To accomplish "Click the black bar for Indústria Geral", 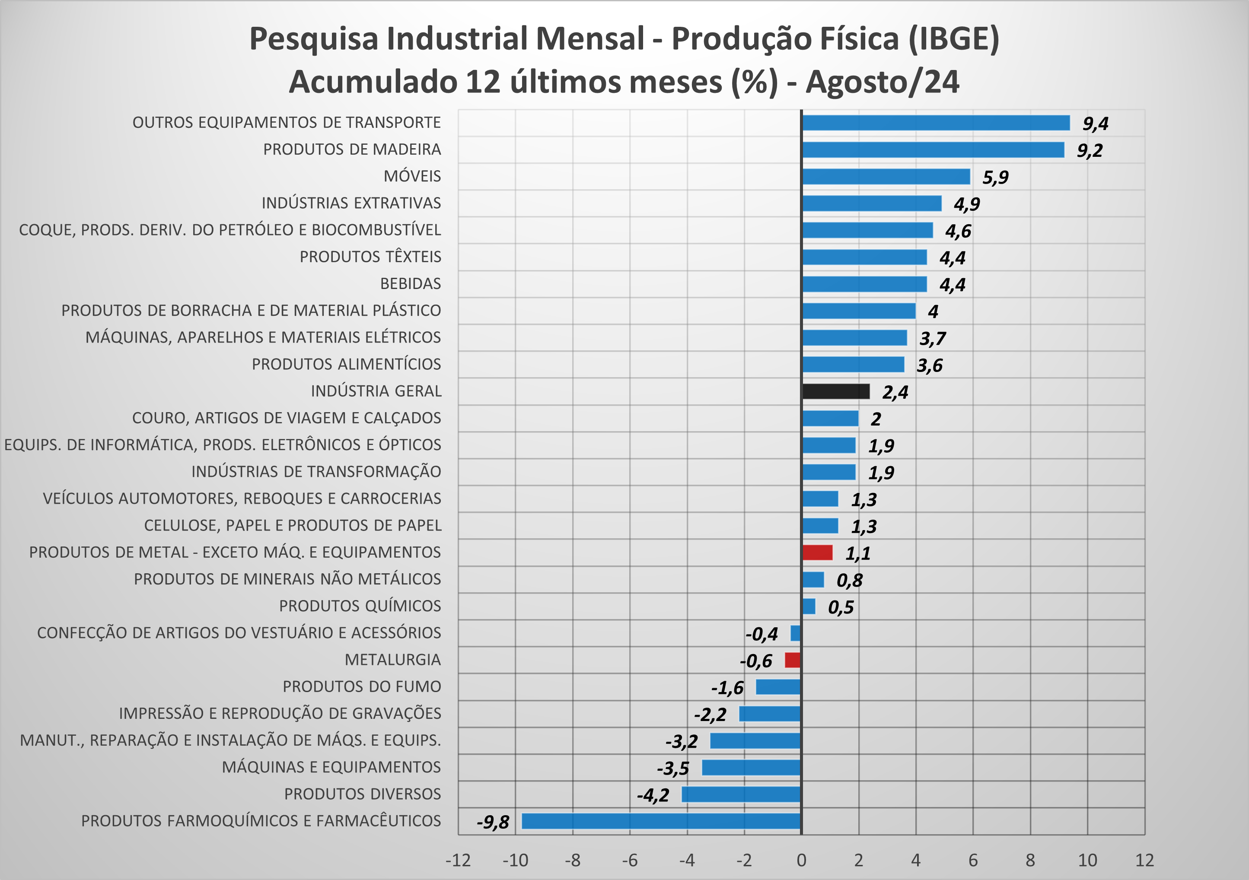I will pos(835,391).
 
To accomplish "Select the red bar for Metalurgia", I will pos(793,660).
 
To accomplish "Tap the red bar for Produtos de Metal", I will pos(817,553).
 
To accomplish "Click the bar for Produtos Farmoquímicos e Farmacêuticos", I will pos(661,821).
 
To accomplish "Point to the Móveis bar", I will pos(886,177).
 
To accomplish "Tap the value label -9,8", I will pos(493,822).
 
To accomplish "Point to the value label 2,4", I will pos(895,392).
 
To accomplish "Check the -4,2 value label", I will pos(653,795).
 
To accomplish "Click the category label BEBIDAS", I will pos(410,284).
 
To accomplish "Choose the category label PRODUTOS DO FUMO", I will pos(362,687).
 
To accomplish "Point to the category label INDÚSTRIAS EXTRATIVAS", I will pos(351,203).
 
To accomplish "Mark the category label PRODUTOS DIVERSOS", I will pos(362,794).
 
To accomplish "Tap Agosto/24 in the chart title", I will pos(883,82).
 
